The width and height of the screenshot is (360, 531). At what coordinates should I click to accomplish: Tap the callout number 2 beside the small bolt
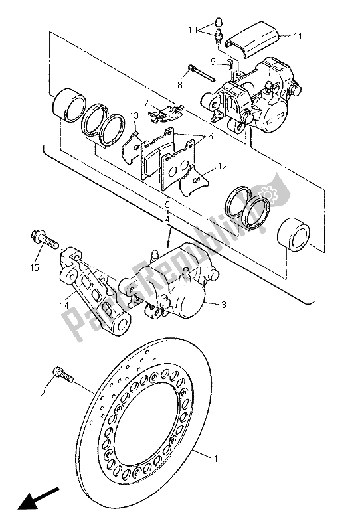43,393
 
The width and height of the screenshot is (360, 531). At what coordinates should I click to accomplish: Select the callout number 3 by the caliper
224,305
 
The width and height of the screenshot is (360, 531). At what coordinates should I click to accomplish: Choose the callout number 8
179,85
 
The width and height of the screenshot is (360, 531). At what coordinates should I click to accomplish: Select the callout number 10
192,30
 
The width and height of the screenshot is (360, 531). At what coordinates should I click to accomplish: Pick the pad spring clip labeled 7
163,114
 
